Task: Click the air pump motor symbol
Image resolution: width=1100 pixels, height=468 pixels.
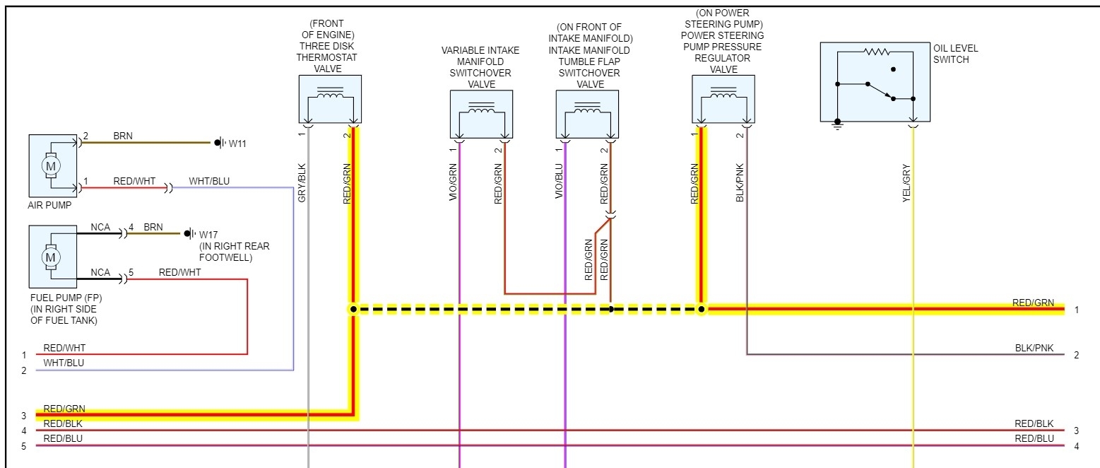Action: (50, 165)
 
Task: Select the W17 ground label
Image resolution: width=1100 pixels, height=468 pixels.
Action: (208, 234)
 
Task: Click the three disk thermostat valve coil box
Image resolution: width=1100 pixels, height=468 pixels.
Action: (329, 99)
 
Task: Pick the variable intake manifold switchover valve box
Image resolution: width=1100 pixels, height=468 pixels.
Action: (481, 114)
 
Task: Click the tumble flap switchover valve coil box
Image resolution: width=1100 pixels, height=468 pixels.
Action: (587, 114)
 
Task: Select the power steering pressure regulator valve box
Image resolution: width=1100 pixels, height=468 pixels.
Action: (723, 99)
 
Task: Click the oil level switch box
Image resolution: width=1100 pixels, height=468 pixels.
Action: (874, 81)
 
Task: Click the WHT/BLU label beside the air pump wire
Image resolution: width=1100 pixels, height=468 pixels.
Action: (209, 182)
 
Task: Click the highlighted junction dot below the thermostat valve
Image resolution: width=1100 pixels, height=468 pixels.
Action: (353, 309)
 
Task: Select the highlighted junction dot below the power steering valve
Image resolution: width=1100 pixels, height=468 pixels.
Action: (701, 309)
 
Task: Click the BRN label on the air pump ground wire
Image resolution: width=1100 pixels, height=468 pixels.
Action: (123, 136)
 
